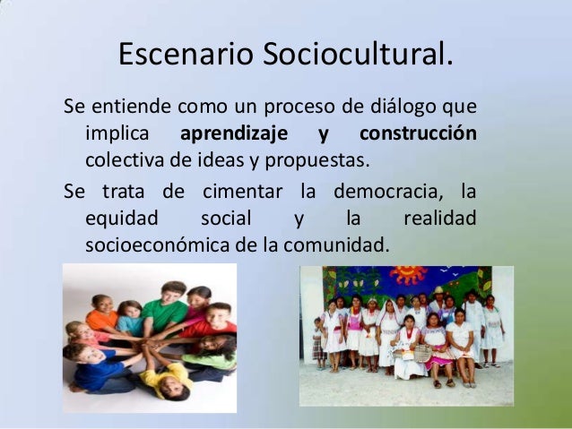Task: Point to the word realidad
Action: [x=440, y=219]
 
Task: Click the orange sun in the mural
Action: [x=408, y=275]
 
